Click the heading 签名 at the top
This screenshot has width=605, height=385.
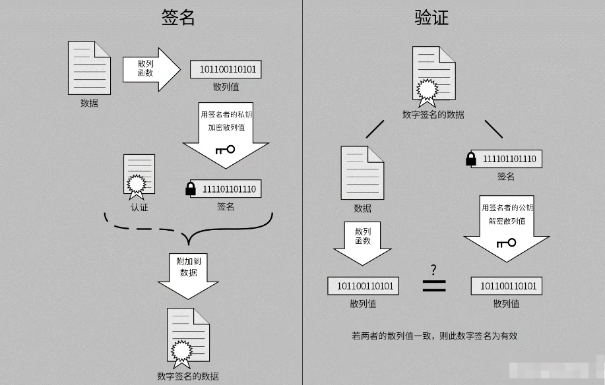[178, 18]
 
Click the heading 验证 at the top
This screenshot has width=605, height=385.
[431, 18]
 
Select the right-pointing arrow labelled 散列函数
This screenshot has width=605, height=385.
[151, 69]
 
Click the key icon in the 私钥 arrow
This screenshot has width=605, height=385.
[225, 150]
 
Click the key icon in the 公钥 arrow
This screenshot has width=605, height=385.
[506, 243]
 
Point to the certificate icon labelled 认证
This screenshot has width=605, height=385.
[139, 176]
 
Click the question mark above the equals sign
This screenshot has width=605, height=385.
[433, 270]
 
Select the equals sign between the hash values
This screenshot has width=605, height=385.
[433, 285]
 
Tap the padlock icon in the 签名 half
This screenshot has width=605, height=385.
[191, 189]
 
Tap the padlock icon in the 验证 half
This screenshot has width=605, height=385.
[471, 159]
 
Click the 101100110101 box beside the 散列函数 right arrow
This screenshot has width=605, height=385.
[228, 69]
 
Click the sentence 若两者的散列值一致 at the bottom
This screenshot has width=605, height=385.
[434, 336]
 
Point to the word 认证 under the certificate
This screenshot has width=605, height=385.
[139, 207]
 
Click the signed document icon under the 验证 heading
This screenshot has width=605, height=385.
[433, 75]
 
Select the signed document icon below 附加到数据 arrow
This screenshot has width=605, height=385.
[188, 337]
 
